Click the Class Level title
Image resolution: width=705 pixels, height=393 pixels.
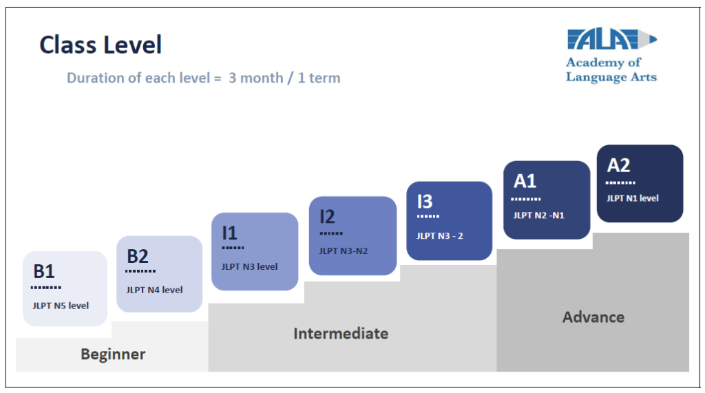101,45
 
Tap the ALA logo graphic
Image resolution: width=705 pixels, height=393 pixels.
612,39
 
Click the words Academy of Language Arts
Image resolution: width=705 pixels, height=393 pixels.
611,70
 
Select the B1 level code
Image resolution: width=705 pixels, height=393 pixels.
44,272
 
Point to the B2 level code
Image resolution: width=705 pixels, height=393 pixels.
138,256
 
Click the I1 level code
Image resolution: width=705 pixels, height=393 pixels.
229,233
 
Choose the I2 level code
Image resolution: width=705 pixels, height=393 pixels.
327,217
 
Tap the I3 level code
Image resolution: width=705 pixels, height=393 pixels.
425,202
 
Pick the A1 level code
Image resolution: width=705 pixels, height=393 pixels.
525,181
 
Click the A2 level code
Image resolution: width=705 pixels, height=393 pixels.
619,165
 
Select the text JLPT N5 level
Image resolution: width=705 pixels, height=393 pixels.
61,306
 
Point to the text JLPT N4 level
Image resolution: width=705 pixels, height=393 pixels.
154,290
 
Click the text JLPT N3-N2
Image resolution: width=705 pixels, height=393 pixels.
344,251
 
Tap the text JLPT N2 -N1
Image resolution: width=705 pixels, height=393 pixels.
538,215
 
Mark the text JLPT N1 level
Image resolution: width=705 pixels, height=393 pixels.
633,198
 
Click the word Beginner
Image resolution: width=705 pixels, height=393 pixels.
113,354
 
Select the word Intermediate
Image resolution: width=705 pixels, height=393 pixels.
341,334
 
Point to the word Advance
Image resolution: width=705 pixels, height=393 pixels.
593,317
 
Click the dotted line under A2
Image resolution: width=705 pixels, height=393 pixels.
620,183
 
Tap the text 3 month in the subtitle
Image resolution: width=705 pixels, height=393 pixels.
256,78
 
